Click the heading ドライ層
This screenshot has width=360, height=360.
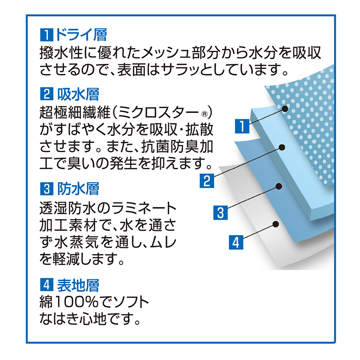tap(81, 35)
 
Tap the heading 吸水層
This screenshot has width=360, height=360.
tap(78, 94)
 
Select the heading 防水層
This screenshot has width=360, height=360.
tap(78, 189)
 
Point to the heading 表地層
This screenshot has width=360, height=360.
tap(78, 285)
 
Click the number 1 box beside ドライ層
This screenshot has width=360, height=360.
tap(47, 35)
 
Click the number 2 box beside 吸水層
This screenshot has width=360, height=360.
tap(47, 94)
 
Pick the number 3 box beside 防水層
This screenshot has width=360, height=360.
tap(47, 189)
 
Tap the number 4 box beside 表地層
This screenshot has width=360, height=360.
tap(47, 285)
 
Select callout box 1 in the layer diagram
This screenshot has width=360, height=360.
tap(242, 126)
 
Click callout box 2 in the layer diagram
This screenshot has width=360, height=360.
tap(207, 181)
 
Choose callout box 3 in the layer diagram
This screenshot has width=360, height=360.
tap(220, 212)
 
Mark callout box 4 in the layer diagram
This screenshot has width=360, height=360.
tap(236, 243)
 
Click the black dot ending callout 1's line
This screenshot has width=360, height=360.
tap(285, 108)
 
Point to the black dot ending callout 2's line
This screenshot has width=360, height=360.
tap(282, 147)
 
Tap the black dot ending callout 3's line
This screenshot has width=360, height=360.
tap(279, 186)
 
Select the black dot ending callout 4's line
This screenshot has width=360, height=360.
tap(276, 224)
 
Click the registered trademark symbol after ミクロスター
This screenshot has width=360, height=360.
tap(204, 114)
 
